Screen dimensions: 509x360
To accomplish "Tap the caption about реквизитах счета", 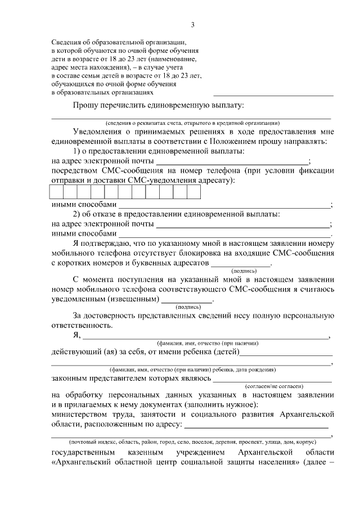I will point(192,123).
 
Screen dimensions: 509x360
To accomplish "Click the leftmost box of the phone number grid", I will point(57,192).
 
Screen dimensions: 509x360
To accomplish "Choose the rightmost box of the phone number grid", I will point(194,192).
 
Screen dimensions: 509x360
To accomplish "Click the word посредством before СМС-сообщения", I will point(77,171).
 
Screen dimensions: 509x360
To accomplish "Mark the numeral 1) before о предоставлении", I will point(78,152).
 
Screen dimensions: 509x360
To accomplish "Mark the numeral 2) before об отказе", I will point(78,214).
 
